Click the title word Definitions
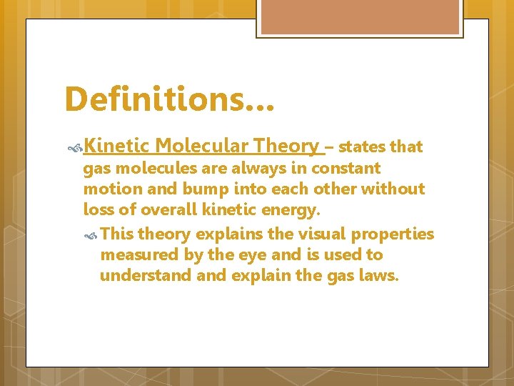tap(161, 99)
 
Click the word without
tap(393, 189)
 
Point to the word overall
tap(171, 210)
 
